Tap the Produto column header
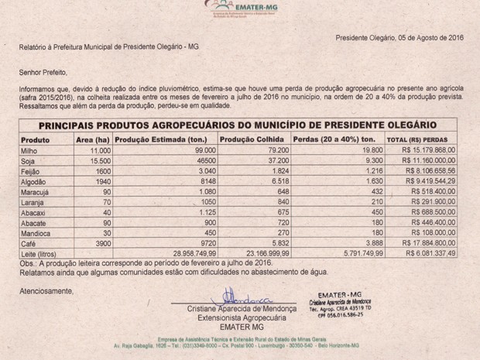pyautogui.click(x=35, y=139)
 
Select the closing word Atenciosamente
pyautogui.click(x=46, y=290)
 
